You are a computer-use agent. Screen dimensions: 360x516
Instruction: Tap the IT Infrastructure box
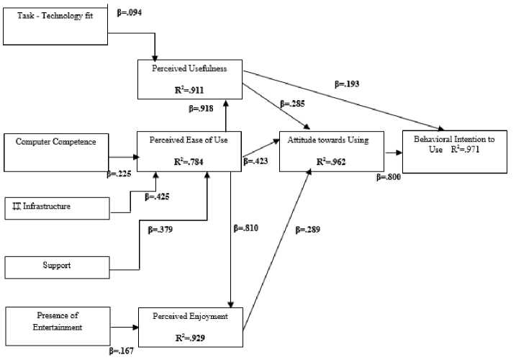[56, 207]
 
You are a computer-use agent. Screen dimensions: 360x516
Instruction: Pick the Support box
[56, 266]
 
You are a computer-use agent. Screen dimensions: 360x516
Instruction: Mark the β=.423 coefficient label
[256, 161]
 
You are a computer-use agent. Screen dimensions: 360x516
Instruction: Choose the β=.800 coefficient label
[388, 175]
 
